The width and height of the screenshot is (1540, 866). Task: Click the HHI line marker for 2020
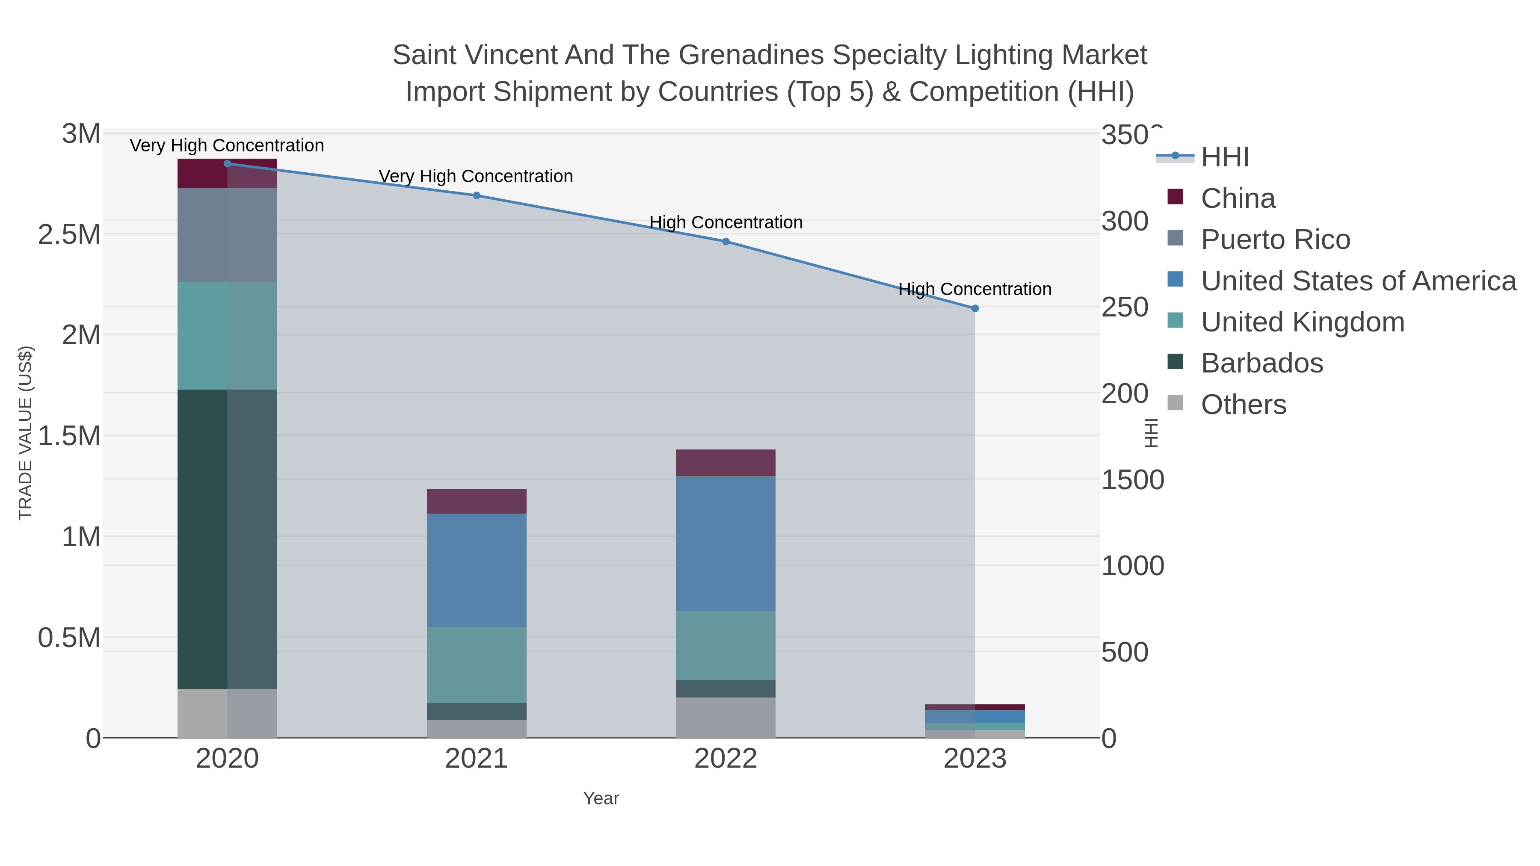click(227, 164)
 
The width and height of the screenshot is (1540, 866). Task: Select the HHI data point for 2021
click(477, 195)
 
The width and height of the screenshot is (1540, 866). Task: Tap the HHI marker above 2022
click(726, 242)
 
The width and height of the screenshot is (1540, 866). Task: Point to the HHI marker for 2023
click(975, 308)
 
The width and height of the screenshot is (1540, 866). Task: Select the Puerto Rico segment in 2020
click(227, 235)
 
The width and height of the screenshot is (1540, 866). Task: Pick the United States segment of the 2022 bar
click(726, 543)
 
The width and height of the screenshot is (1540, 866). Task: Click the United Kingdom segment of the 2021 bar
click(477, 665)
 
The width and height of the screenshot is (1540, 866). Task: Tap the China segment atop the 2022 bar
click(726, 463)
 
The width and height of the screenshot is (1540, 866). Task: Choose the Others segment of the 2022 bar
click(726, 717)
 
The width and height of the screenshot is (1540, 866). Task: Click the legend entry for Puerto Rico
click(1275, 239)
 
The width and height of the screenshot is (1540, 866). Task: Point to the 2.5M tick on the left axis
click(69, 235)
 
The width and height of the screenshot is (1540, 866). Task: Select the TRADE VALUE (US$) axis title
click(26, 433)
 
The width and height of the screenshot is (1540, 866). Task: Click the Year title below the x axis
click(601, 798)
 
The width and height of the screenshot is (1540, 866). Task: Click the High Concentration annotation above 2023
click(975, 289)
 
